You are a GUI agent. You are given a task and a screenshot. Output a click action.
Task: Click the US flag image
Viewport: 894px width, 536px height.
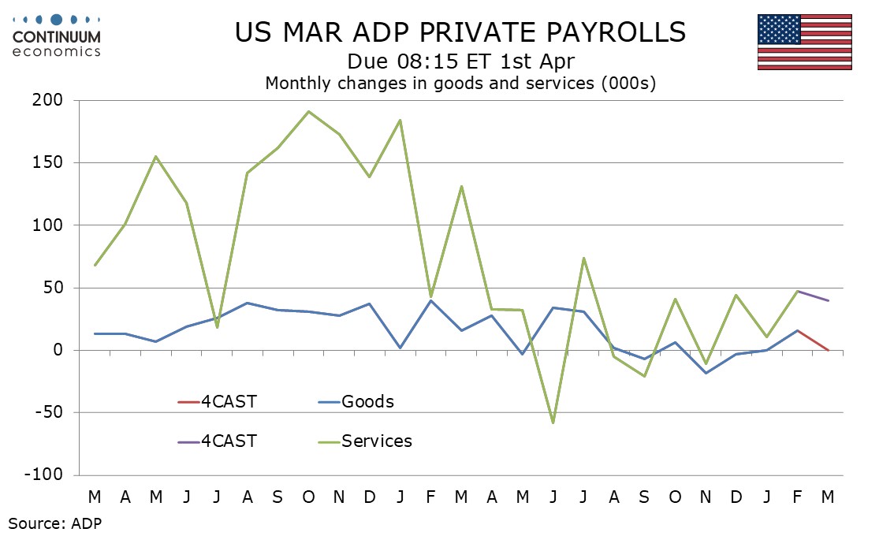pyautogui.click(x=804, y=42)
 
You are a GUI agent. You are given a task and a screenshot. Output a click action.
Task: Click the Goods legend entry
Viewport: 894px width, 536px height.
pyautogui.click(x=367, y=402)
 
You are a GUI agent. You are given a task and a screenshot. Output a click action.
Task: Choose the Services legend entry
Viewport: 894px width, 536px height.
pyautogui.click(x=376, y=441)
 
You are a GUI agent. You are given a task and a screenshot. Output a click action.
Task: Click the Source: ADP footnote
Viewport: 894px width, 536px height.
pyautogui.click(x=55, y=522)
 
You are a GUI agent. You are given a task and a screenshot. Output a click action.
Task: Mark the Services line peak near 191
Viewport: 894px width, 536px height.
pyautogui.click(x=308, y=111)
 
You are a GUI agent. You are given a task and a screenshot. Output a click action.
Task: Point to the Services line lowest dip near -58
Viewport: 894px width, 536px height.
pyautogui.click(x=553, y=422)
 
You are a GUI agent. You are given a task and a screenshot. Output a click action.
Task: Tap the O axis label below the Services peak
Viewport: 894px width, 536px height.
pyautogui.click(x=308, y=497)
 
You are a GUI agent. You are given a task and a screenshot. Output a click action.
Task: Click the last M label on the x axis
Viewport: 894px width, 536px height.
pyautogui.click(x=828, y=497)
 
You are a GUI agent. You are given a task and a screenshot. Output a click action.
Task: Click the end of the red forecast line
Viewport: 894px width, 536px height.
pyautogui.click(x=828, y=350)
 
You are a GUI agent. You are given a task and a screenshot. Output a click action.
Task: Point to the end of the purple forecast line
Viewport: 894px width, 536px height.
pyautogui.click(x=828, y=300)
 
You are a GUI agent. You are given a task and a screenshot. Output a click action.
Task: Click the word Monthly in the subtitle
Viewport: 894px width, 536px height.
pyautogui.click(x=299, y=83)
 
